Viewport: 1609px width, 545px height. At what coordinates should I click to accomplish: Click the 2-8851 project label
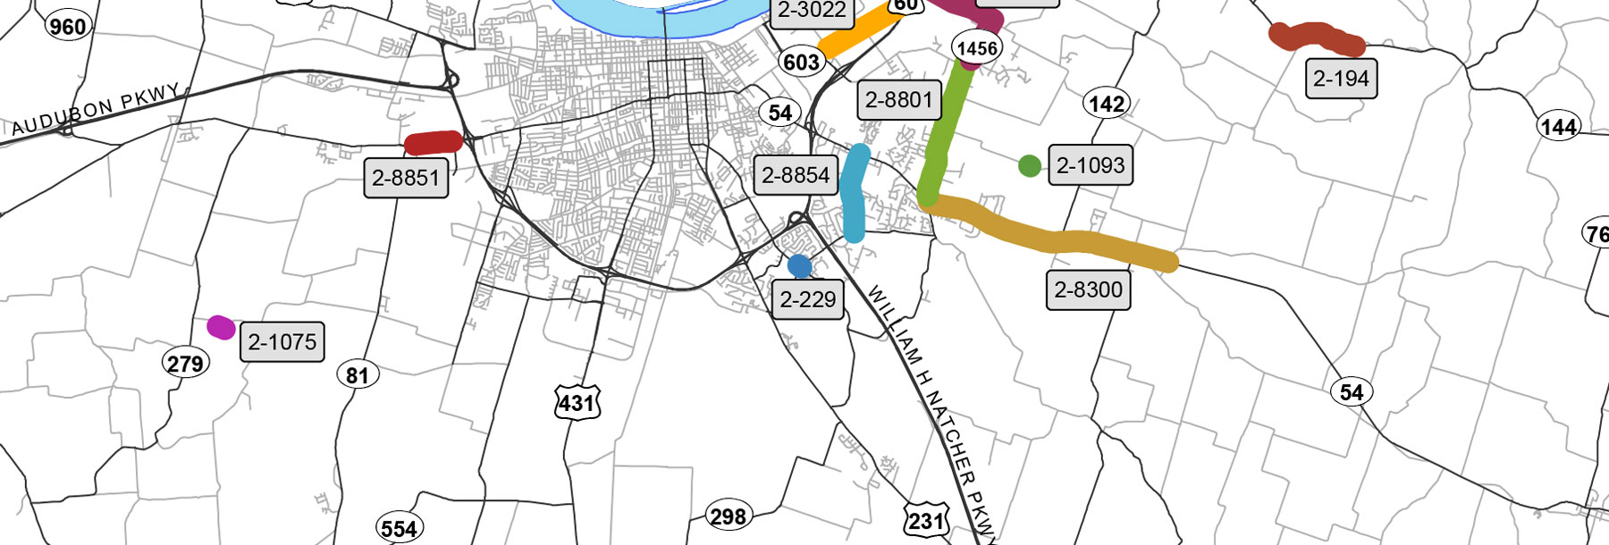click(406, 178)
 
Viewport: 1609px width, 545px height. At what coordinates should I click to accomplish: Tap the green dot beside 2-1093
click(1029, 165)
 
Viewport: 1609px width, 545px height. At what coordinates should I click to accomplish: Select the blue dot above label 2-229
click(799, 265)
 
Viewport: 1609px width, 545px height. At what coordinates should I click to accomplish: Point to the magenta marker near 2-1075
click(221, 327)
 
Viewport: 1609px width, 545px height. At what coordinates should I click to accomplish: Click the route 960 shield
click(68, 27)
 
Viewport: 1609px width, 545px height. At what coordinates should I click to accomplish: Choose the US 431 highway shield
click(577, 403)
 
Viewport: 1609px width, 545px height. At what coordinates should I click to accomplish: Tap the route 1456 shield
click(976, 48)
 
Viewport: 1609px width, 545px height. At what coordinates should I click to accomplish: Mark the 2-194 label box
click(1341, 79)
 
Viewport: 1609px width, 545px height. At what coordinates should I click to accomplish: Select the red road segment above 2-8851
click(434, 143)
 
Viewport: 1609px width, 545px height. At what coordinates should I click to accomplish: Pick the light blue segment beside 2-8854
click(855, 193)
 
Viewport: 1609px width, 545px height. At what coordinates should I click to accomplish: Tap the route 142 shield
click(1106, 104)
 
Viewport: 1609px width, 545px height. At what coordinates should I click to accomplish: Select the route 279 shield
click(185, 364)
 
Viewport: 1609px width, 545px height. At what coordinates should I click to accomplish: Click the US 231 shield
click(925, 520)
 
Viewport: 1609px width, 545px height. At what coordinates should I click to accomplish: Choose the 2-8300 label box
click(1088, 289)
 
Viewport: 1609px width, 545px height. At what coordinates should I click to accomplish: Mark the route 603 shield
click(801, 62)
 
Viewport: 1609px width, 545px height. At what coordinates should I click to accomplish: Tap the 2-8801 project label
click(899, 99)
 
